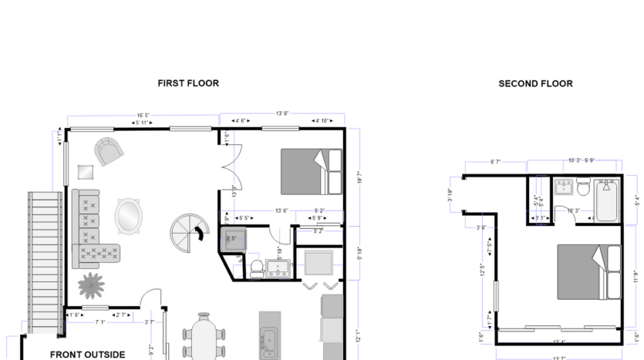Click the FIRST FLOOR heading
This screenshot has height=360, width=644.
coord(188,83)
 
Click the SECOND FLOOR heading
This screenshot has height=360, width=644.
coord(535,83)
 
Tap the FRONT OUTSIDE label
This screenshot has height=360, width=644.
coord(87,355)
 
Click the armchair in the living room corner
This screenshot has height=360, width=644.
coord(107,151)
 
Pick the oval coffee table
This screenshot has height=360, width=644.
coord(129,217)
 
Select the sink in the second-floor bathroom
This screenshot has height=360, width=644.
coord(563,187)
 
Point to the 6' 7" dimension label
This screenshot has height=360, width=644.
coord(496,162)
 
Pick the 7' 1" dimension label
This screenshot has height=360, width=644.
coord(100,323)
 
